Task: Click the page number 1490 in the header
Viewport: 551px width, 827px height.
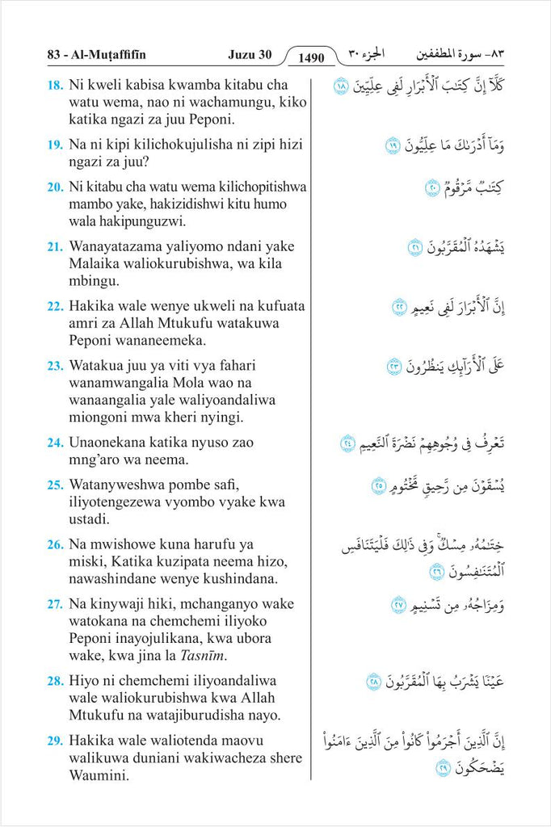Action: (310, 57)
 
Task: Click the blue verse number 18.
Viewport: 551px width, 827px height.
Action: (55, 85)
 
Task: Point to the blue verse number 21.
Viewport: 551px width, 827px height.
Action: (55, 246)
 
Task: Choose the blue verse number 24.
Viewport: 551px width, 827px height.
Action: (55, 442)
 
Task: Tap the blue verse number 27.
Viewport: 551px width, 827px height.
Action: (55, 604)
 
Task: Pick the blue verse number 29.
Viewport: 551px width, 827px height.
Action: (55, 741)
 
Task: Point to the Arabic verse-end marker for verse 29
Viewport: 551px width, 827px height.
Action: (444, 768)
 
